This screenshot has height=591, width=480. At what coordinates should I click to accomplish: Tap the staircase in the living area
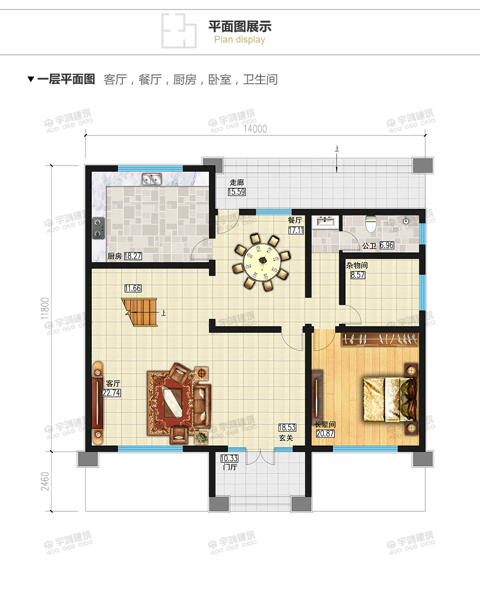141,312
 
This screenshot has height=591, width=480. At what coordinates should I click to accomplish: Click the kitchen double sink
151,180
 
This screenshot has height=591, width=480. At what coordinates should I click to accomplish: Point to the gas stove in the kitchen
98,228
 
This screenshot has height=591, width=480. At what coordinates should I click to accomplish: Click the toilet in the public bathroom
371,224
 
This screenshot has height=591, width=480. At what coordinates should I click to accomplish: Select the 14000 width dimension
255,129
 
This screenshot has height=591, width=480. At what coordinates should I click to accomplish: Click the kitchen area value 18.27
133,256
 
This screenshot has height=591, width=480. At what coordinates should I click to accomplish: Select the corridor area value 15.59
236,192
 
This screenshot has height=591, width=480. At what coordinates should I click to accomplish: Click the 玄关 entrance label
286,438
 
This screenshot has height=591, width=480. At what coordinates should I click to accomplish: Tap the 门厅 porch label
230,467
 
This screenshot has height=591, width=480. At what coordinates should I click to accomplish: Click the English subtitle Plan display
239,40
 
